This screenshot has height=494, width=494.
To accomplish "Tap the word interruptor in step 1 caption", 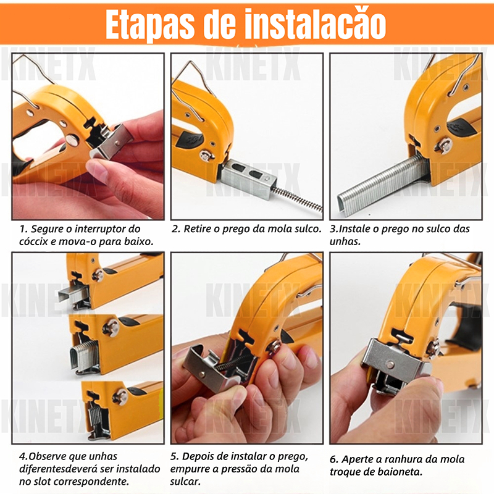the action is pyautogui.click(x=101, y=229).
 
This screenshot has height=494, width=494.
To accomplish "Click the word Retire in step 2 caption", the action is pyautogui.click(x=197, y=229).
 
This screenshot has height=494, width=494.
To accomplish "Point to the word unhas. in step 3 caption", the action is pyautogui.click(x=345, y=241).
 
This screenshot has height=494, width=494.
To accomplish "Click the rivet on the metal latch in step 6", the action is pyautogui.click(x=390, y=365).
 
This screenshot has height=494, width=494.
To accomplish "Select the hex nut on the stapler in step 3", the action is pyautogui.click(x=443, y=146).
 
